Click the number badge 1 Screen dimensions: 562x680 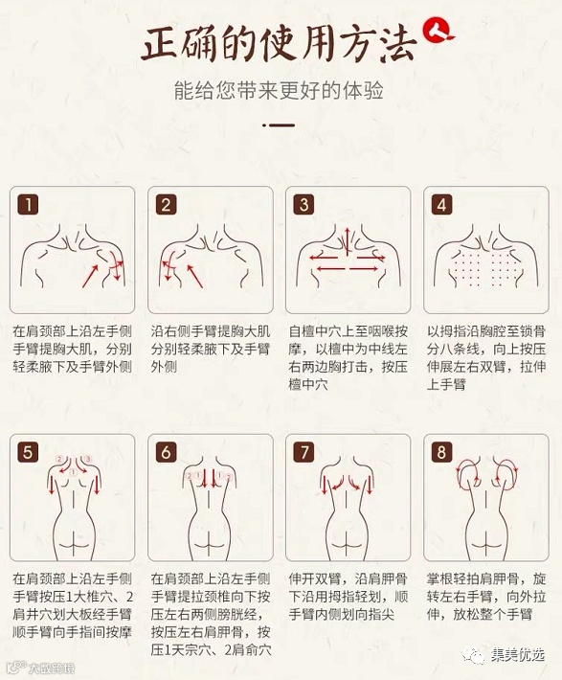pos(28,204)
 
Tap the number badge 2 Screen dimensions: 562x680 pos(166,204)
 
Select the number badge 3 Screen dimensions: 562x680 pos(304,204)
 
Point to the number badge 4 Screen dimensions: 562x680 pos(442,204)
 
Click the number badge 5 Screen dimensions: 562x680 pos(28,452)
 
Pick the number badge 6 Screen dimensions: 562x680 pos(166,452)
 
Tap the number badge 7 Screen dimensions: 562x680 pos(304,452)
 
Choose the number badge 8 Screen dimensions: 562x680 pos(442,452)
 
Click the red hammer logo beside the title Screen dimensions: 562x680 pos(438,31)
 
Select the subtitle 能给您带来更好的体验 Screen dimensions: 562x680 pos(279,90)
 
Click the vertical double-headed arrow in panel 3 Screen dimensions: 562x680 pos(347,241)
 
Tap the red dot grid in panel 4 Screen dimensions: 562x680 pos(486,268)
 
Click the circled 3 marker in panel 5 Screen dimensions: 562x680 pos(87,459)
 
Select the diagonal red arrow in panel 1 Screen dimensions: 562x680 pos(90,276)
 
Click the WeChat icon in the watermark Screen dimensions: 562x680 pos(473,653)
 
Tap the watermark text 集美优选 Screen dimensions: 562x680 pos(517,654)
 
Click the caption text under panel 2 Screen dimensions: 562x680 pos(211,350)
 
